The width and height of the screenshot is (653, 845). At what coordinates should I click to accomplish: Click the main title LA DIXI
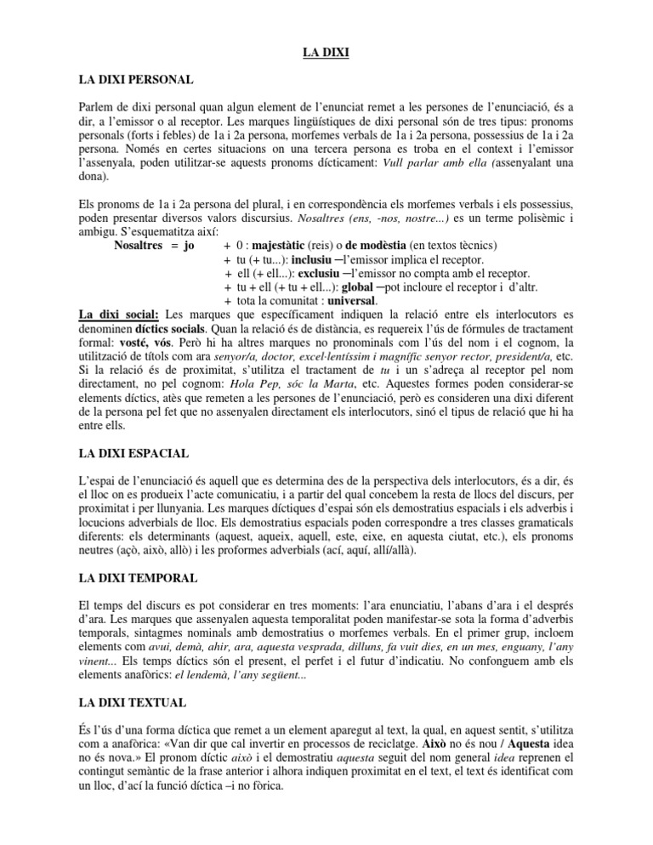tap(326, 54)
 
